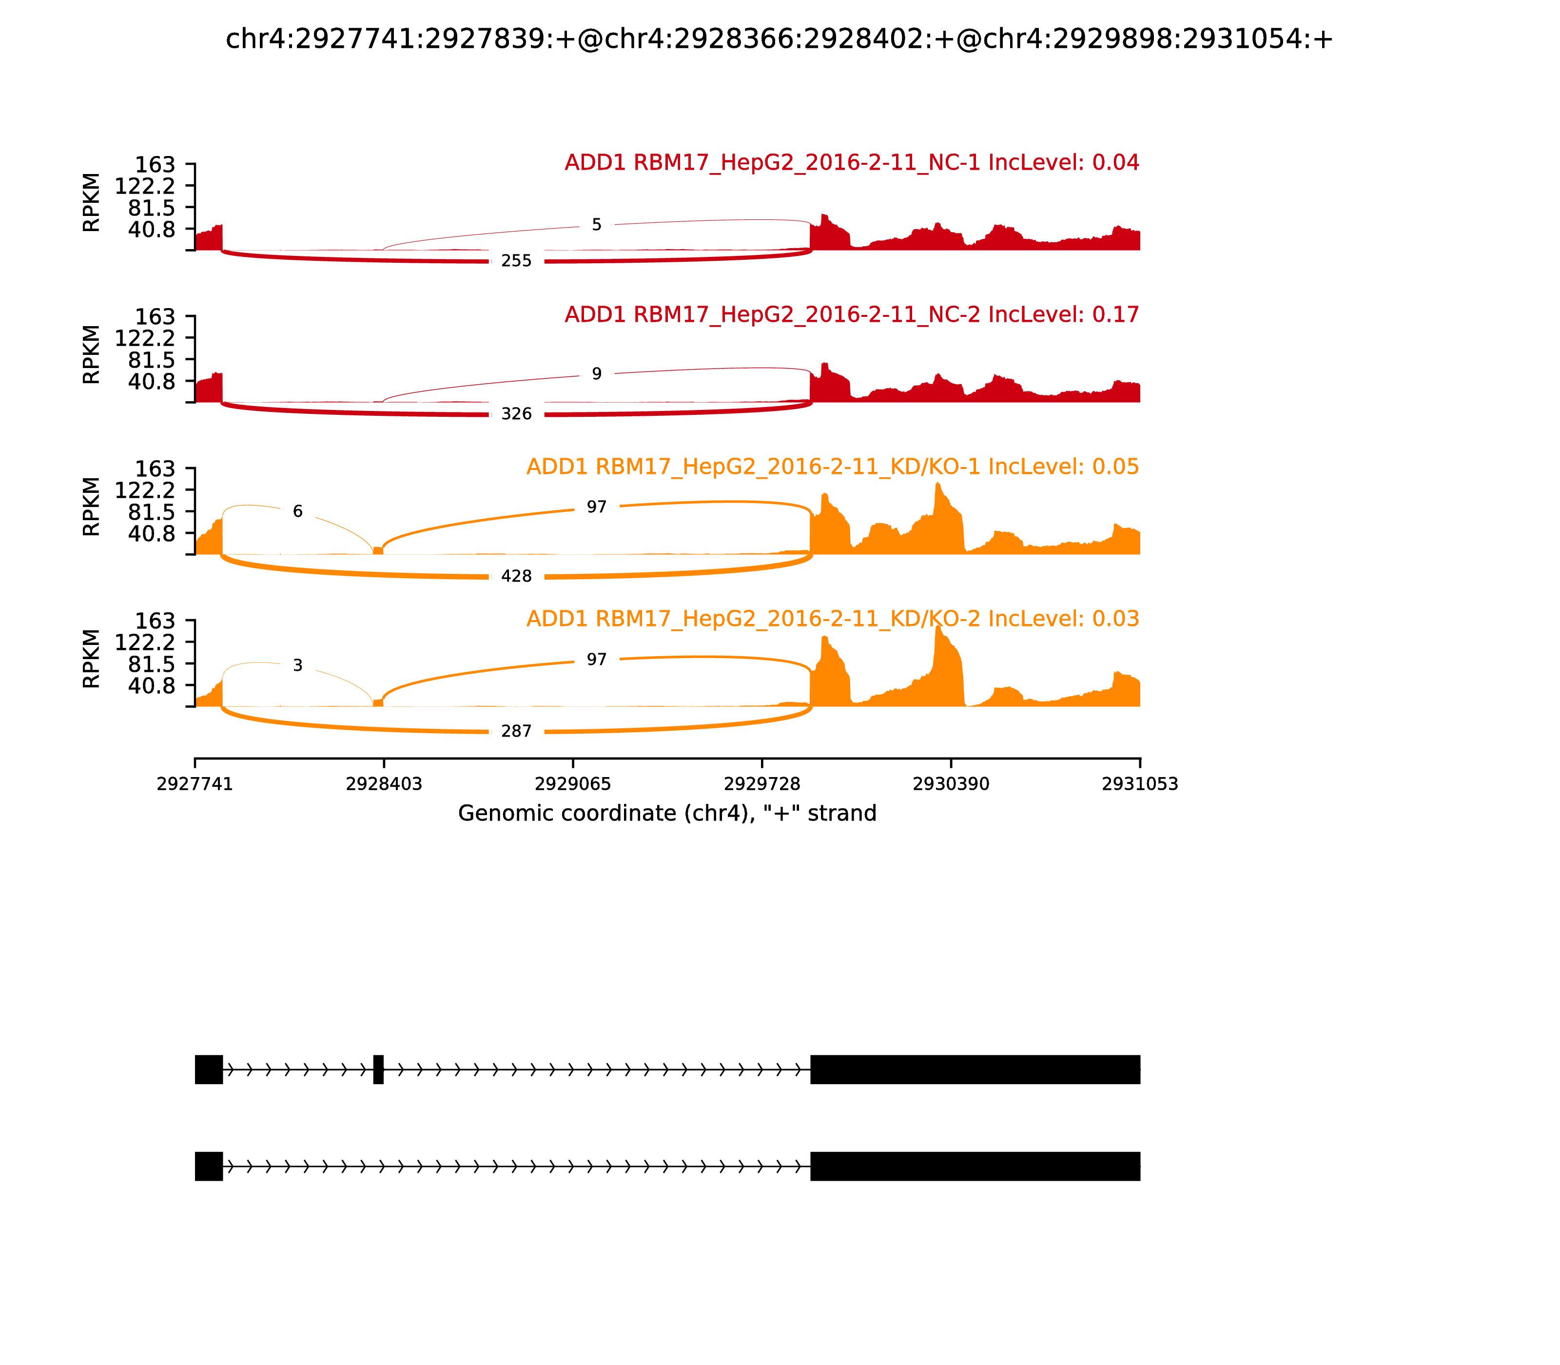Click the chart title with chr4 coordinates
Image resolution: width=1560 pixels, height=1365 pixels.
(x=779, y=39)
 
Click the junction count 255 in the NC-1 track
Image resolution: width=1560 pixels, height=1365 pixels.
(x=516, y=261)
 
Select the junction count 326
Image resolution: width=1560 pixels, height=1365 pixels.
(x=516, y=413)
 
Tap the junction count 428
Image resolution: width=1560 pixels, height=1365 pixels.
(x=516, y=577)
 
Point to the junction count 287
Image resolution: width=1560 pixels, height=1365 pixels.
(x=516, y=731)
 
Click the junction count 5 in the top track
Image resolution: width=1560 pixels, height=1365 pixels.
(x=596, y=225)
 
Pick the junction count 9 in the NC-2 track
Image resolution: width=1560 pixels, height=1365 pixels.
(x=596, y=374)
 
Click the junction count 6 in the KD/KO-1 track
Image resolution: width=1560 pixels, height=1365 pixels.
(x=298, y=511)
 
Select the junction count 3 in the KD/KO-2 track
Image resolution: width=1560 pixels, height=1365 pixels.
(x=298, y=666)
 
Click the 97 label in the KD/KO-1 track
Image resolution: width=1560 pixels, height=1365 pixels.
(x=596, y=507)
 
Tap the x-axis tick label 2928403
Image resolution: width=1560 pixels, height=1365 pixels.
(x=384, y=784)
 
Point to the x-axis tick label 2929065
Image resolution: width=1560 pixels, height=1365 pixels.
(x=573, y=784)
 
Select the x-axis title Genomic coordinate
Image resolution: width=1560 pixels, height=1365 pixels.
(x=667, y=814)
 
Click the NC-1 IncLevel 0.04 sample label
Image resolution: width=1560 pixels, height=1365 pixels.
(x=852, y=163)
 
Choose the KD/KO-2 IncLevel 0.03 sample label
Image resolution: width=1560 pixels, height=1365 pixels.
(x=833, y=619)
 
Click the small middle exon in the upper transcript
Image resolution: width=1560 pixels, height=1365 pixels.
(x=379, y=1070)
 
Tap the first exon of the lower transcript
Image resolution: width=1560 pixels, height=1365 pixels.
(x=209, y=1166)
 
